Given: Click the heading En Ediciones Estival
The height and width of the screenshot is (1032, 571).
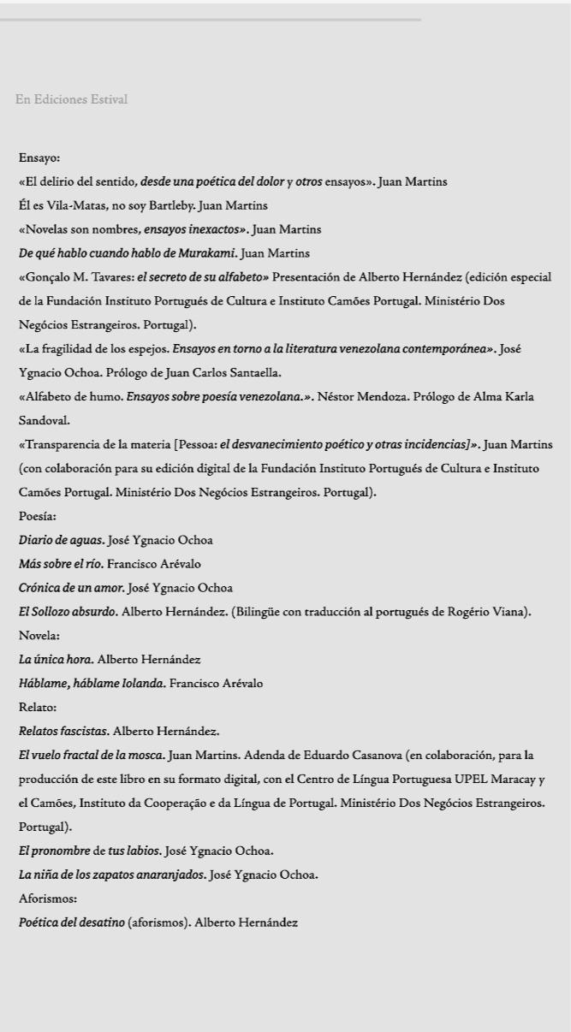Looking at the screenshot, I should (x=71, y=100).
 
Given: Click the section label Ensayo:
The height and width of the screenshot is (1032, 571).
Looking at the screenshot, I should (x=39, y=158).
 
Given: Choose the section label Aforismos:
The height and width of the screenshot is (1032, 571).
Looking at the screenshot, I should (x=48, y=899).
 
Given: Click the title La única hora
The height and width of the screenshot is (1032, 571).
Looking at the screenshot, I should (x=56, y=660).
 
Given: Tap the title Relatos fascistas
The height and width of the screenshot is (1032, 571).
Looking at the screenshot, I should (x=63, y=732).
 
